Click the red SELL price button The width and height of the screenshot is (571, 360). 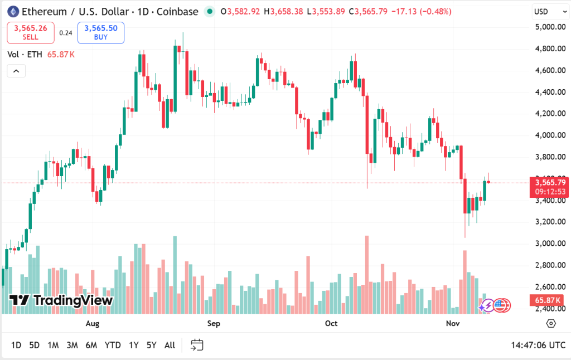pos(31,33)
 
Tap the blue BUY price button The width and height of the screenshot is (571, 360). pos(101,33)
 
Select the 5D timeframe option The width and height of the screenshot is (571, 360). pos(35,345)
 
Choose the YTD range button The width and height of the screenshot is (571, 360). pos(113,345)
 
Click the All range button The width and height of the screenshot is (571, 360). pos(170,345)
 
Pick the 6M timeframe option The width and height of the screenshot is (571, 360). pos(91,345)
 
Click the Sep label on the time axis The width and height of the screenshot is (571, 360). pos(214,324)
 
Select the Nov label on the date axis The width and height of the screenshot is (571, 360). pos(453,324)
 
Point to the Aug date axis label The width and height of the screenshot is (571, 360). pos(93,324)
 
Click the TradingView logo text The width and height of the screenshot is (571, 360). pos(62,300)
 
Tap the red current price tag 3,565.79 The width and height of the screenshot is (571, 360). pos(550,182)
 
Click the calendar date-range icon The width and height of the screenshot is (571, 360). pos(196,345)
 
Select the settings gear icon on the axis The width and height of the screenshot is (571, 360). pos(551,323)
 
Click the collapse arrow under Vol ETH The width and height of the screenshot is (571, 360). pos(16,71)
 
